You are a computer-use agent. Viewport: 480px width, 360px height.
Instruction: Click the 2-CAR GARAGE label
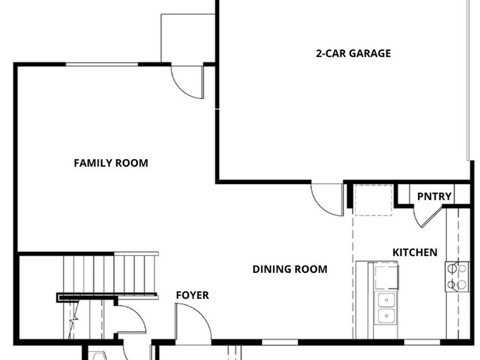353,53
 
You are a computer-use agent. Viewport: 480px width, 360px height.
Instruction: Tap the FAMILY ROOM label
111,163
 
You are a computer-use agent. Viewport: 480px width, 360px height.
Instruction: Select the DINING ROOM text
290,269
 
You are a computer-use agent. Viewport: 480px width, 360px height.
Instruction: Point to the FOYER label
192,295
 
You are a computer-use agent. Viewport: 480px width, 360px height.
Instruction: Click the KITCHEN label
415,252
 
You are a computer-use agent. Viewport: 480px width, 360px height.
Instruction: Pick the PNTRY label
434,196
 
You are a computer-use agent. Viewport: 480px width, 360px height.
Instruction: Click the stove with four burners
457,277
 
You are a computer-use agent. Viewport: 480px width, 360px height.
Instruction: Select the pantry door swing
427,217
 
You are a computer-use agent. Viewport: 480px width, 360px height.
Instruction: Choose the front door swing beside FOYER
193,321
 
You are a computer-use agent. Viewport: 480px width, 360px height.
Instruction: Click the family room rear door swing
187,82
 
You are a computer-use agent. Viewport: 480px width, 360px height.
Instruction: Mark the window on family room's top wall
102,64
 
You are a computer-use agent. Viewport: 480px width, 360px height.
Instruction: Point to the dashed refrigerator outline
373,200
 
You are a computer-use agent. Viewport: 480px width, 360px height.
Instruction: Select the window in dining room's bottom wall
280,342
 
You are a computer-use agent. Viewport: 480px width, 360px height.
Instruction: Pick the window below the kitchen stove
422,342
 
